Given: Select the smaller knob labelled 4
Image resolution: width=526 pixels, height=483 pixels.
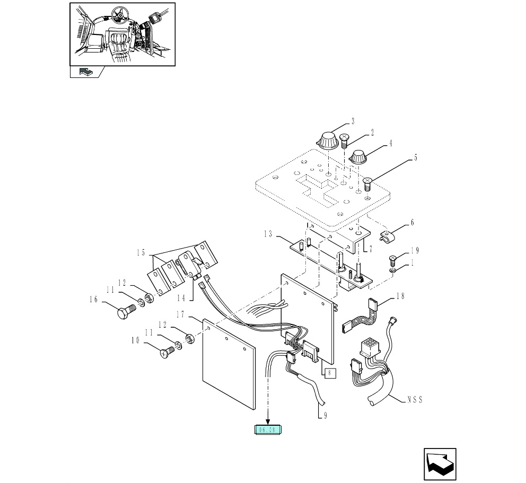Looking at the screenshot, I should [x=360, y=156].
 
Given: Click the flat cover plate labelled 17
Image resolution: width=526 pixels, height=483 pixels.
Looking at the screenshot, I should [x=229, y=366].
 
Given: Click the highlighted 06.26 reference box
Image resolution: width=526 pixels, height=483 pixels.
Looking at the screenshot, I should [x=269, y=431].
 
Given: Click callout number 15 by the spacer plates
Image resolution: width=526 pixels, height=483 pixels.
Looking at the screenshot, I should [x=141, y=253].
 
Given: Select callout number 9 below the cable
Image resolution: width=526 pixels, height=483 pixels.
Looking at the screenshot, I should [x=325, y=416].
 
